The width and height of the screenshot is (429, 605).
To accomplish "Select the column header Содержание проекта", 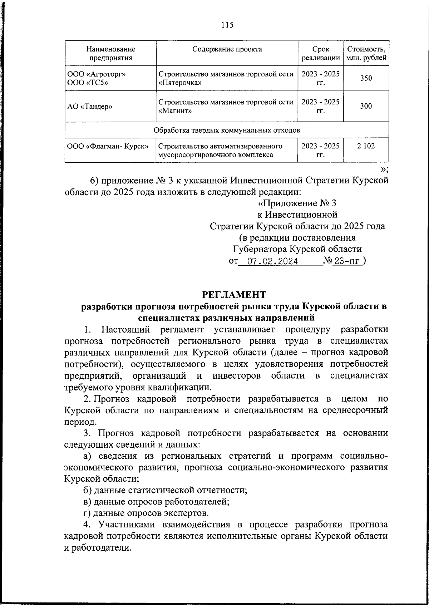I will tap(227, 49).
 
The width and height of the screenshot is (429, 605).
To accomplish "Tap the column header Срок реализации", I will tap(320, 53).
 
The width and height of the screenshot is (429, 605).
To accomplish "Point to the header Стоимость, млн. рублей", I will tap(366, 53).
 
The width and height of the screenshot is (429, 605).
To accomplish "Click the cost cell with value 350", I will tap(366, 78).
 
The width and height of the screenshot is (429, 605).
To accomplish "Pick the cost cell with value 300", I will tap(366, 106).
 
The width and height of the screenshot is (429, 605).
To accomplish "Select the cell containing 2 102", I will tap(366, 146).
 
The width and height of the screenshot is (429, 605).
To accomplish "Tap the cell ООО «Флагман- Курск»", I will tap(108, 146).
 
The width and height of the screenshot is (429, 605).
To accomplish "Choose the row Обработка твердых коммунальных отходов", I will tap(227, 130).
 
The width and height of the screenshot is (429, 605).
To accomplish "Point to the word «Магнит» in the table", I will tap(175, 111).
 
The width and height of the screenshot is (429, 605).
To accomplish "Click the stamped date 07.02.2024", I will tap(273, 261).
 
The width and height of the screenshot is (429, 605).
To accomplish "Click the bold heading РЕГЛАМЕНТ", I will tap(234, 295).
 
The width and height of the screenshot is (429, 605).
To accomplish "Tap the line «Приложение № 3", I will tap(297, 203).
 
